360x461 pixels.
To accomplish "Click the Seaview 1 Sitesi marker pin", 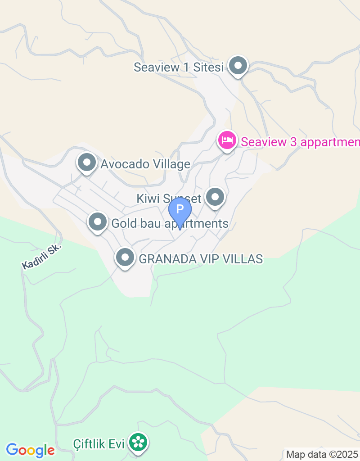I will click(238, 67).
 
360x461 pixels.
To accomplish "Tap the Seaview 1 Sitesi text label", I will click(179, 68).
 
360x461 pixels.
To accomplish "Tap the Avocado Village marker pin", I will click(87, 163).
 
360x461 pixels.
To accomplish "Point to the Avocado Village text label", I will click(145, 164).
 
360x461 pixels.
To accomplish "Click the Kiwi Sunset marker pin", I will click(215, 197).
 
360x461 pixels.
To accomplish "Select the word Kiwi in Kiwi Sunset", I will click(148, 198).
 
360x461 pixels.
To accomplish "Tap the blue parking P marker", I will click(180, 210).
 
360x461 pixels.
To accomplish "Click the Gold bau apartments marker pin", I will click(98, 221).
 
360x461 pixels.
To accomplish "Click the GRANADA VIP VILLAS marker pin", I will click(125, 258).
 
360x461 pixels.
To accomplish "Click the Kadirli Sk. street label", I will click(41, 257).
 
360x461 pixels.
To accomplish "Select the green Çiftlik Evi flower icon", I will click(138, 443).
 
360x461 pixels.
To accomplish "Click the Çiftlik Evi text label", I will click(99, 444).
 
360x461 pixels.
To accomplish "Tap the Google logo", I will click(30, 450).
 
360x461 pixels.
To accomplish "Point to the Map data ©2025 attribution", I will click(322, 454).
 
